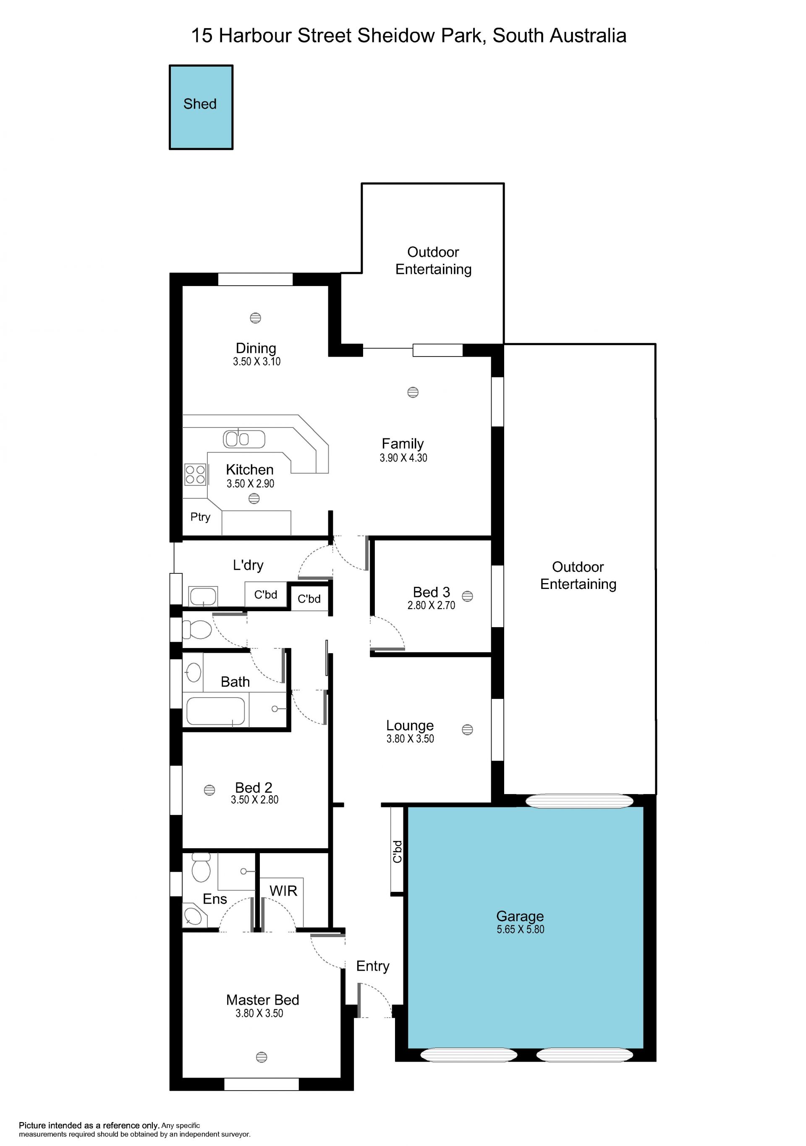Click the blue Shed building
pos(201,107)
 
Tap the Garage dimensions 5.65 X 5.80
pos(521,930)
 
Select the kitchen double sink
pos(244,439)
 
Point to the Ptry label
pos(200,517)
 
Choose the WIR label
pos(283,891)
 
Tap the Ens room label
pos(215,899)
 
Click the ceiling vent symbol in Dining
pos(255,318)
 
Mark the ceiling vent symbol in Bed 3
pos(467,596)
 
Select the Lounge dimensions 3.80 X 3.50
pos(410,739)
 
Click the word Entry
pos(372,966)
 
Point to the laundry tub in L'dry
pos(203,596)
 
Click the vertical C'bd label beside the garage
pos(398,852)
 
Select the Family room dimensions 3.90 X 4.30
pos(403,458)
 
